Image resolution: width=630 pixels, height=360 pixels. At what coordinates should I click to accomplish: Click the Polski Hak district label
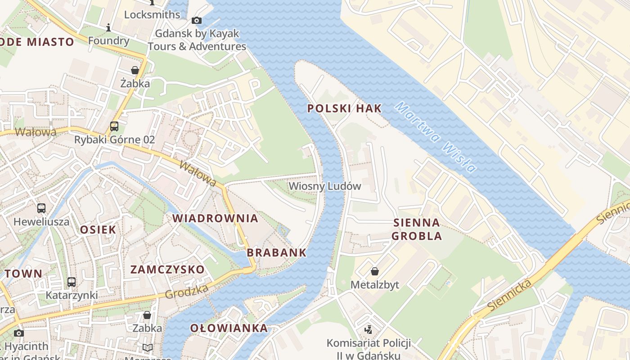[x=344, y=108]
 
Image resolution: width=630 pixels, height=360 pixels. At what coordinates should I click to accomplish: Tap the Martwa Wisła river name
[x=435, y=138]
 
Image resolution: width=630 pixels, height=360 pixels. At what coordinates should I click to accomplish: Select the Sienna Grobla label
[x=416, y=229]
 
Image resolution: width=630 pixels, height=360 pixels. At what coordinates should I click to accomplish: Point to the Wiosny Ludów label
[x=324, y=186]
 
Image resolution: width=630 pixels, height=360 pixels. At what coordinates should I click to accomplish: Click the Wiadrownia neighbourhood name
[x=216, y=219]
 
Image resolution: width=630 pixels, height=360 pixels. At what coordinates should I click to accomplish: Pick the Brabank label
[x=276, y=252]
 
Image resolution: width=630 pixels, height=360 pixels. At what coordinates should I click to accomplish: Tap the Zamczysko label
[x=167, y=270]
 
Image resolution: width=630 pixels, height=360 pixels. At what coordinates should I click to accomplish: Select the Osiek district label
[x=98, y=229]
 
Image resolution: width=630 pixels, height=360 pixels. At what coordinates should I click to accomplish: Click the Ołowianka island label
[x=229, y=328]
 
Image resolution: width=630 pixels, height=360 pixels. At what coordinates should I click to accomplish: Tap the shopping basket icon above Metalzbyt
[x=374, y=271]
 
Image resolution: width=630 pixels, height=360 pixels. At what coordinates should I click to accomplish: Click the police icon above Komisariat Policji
[x=369, y=330]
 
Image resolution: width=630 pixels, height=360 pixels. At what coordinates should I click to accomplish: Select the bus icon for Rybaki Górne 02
[x=114, y=126]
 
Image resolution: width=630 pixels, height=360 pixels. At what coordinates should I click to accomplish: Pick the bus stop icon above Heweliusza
[x=41, y=208]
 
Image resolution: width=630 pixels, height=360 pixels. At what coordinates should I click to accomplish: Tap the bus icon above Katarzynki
[x=71, y=282]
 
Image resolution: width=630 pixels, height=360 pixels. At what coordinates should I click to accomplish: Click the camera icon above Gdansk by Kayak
[x=197, y=20]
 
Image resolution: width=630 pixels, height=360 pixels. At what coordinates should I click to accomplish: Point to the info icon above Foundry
[x=108, y=28]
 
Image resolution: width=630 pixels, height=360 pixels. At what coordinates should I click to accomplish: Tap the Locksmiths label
[x=152, y=14]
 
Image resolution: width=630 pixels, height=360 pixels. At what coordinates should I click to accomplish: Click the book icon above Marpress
[x=147, y=347]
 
